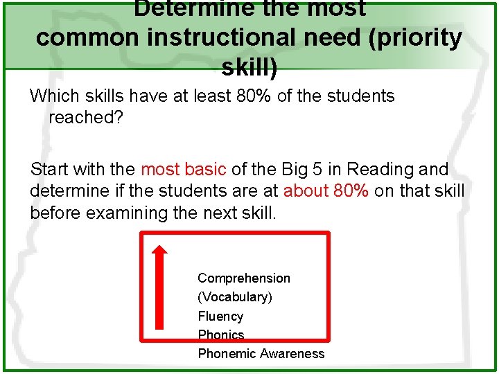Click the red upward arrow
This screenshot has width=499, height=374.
tap(160, 286)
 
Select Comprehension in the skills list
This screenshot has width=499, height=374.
tap(244, 278)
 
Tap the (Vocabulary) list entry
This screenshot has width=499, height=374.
tap(235, 297)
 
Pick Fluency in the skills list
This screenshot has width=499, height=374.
tap(220, 317)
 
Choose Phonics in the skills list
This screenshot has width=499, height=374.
tap(221, 335)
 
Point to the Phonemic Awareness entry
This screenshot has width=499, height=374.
tap(261, 354)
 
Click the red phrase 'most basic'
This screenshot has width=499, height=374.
tap(184, 170)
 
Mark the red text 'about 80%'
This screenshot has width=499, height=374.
tap(326, 191)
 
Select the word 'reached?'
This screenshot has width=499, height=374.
tap(86, 118)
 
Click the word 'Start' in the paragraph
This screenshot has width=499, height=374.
tap(51, 170)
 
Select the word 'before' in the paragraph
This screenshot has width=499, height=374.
tap(55, 213)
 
